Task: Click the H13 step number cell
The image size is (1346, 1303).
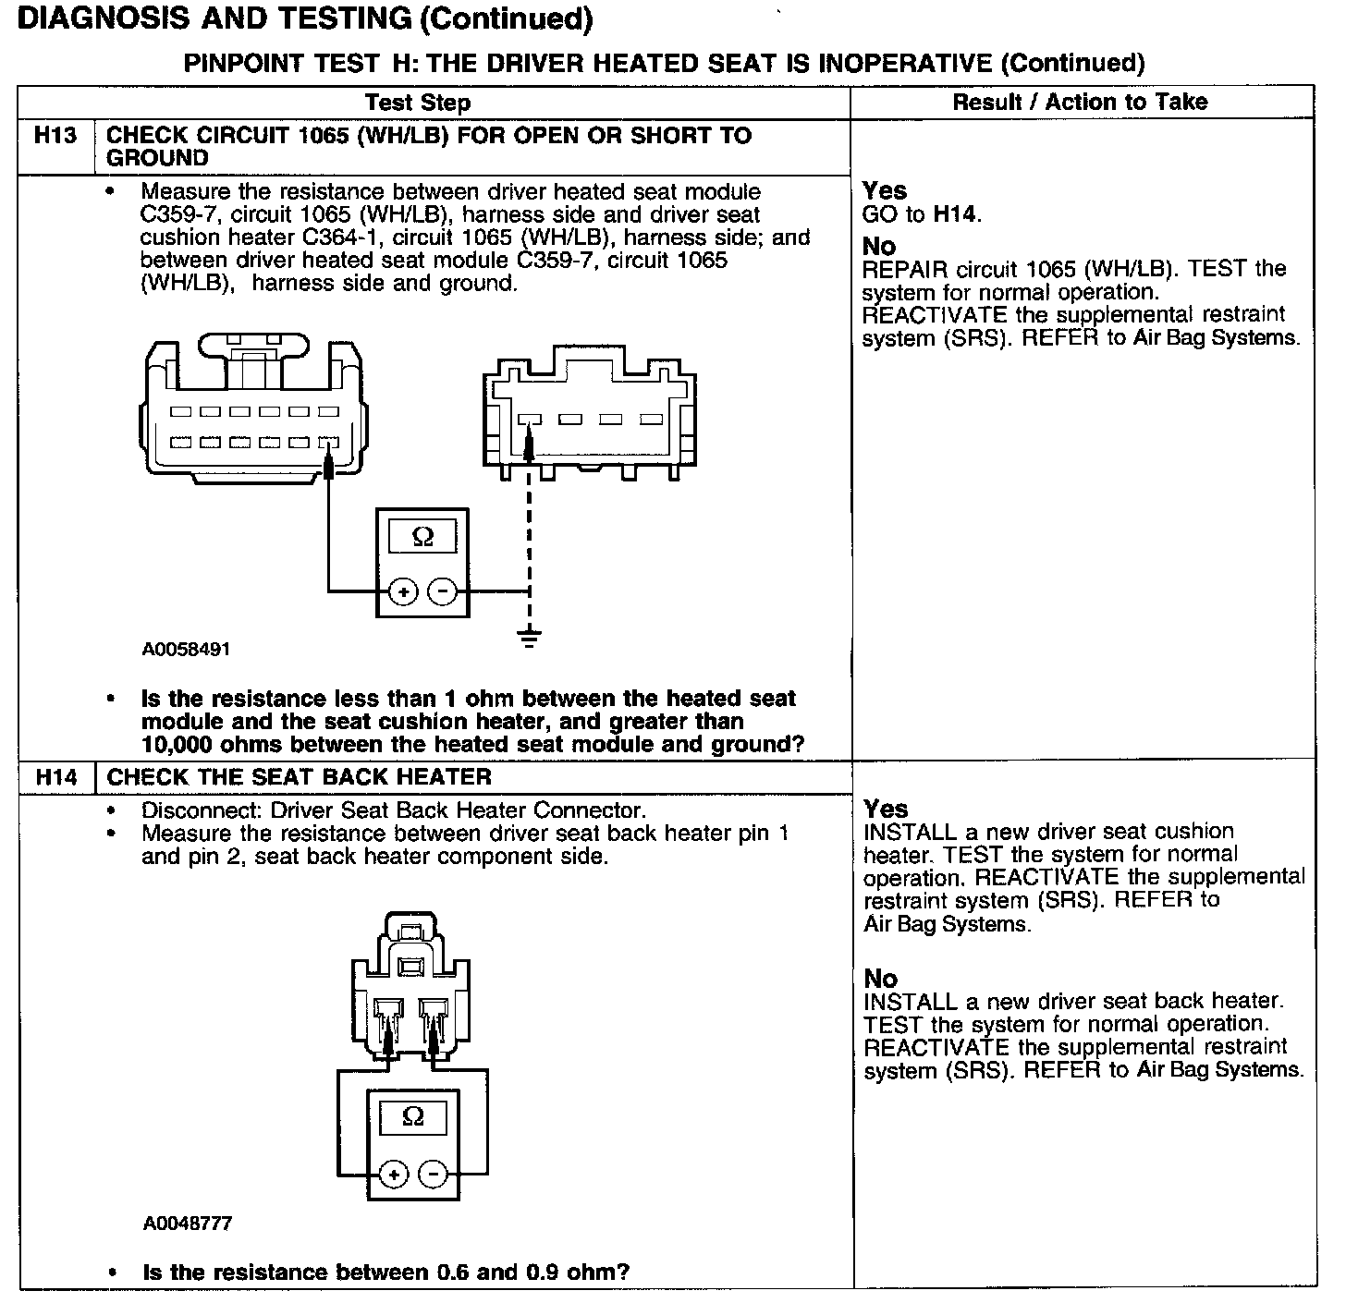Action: click(x=55, y=136)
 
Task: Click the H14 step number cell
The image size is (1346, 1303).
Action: click(x=55, y=777)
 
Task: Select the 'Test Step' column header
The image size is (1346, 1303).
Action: click(x=418, y=103)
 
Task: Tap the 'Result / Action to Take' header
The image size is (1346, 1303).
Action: click(x=1080, y=102)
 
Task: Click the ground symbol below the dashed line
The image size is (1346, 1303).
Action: click(x=529, y=638)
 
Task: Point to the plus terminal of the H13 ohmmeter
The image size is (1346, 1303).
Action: click(x=402, y=591)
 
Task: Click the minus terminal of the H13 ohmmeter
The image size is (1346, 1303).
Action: click(x=444, y=591)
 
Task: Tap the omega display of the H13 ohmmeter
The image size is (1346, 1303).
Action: click(x=422, y=536)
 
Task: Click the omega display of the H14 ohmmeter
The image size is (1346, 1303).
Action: click(x=413, y=1116)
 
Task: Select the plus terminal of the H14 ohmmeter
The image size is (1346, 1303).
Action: click(x=393, y=1175)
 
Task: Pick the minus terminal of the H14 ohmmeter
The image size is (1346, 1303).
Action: click(x=434, y=1175)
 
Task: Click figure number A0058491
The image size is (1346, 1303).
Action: click(x=186, y=650)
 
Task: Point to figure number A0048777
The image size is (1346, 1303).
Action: click(x=187, y=1224)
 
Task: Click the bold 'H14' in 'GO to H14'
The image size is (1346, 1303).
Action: click(x=955, y=215)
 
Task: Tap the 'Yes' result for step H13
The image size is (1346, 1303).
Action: click(x=885, y=190)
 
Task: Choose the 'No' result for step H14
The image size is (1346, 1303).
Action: click(x=881, y=978)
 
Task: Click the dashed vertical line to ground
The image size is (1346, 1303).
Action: click(x=529, y=545)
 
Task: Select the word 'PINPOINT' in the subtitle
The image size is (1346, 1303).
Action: click(x=244, y=63)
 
